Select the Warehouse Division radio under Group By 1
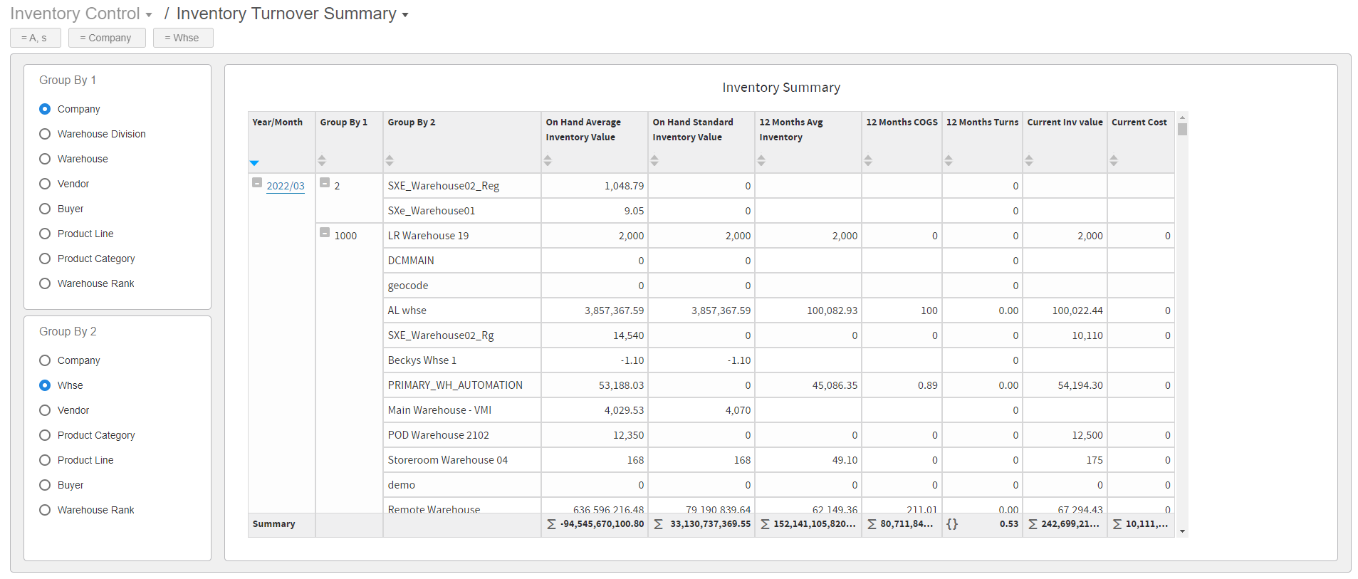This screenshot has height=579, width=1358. point(45,134)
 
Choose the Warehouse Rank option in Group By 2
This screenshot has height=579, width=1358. point(45,510)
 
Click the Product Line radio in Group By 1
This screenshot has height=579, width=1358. point(45,234)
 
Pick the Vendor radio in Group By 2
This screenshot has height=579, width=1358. point(45,410)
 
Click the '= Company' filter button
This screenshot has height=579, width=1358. point(106,38)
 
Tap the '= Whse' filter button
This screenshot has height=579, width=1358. point(182,38)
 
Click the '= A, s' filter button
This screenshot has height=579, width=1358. point(35,38)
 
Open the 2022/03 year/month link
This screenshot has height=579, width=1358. point(285,186)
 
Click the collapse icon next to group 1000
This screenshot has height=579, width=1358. point(325,233)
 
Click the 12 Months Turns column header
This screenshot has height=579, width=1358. point(981,122)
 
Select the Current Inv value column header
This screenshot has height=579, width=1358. point(1064,122)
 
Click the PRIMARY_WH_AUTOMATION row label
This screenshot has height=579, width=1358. point(454,385)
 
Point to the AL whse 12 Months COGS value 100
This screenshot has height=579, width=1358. point(929,311)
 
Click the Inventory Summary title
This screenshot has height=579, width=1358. point(780,88)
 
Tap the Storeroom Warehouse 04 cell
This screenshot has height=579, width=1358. point(447,460)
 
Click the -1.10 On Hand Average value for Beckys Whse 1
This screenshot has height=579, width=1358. point(632,360)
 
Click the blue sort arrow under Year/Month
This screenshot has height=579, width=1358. point(254,163)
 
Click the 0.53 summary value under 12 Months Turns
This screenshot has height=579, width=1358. point(1008,524)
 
